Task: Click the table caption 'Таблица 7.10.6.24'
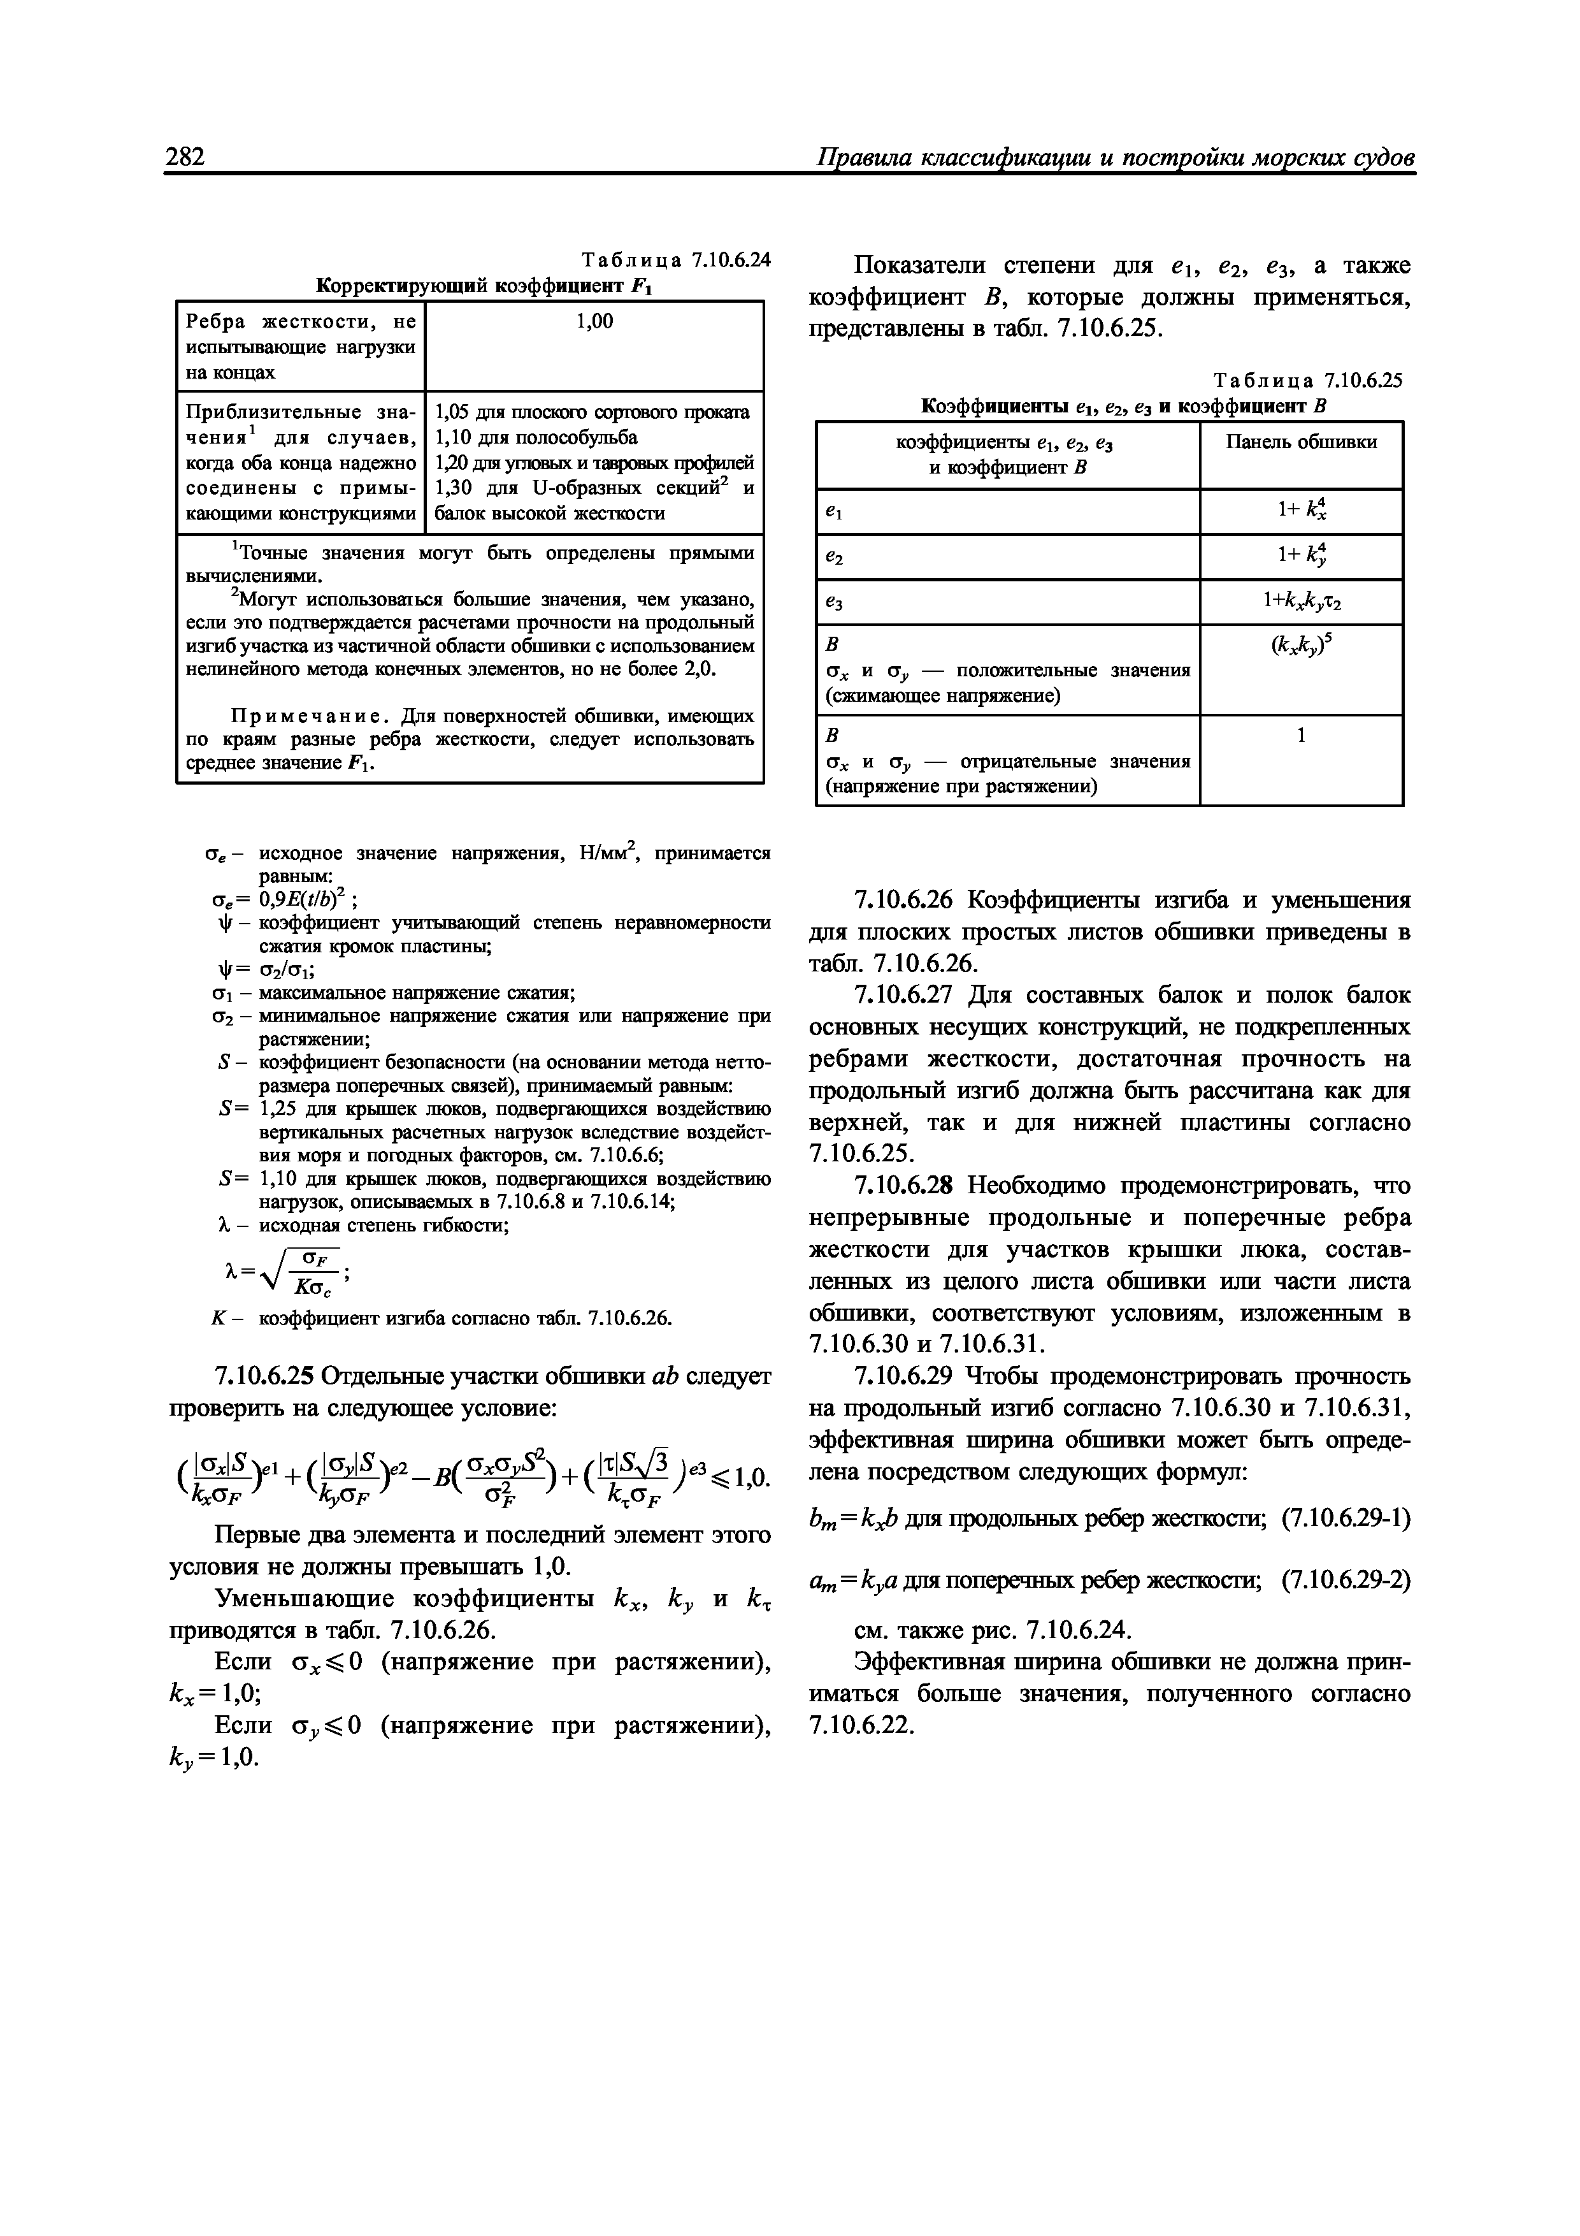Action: pyautogui.click(x=675, y=260)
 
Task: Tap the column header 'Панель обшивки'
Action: pyautogui.click(x=1300, y=442)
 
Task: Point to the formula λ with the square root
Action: pyautogui.click(x=282, y=1273)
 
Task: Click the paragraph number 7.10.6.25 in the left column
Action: pyautogui.click(x=264, y=1376)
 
